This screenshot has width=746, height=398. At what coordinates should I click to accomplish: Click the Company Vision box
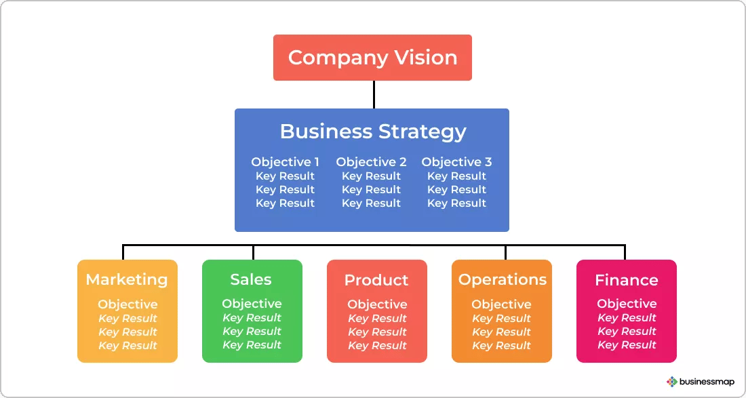(x=372, y=58)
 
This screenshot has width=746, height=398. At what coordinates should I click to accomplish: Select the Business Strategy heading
(x=372, y=131)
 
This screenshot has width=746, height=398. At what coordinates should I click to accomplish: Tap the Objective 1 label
(x=285, y=162)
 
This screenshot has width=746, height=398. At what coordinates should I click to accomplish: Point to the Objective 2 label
(x=371, y=162)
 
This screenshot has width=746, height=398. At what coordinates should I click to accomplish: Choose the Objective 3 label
(x=456, y=162)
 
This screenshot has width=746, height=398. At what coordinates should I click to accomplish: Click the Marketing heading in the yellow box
(x=127, y=279)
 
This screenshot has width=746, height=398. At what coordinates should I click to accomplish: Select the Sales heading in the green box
(x=251, y=279)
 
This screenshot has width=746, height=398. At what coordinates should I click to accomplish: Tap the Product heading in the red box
(x=376, y=280)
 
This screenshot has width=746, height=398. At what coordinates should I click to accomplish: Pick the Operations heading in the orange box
(x=502, y=279)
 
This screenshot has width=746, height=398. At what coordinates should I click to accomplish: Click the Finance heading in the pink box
(x=626, y=280)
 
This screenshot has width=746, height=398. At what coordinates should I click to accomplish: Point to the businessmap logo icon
(x=671, y=382)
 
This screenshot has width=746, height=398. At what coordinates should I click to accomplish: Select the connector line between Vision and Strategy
(x=374, y=94)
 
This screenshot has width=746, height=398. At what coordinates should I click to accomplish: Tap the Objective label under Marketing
(x=127, y=304)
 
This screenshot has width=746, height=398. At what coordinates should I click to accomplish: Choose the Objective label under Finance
(x=627, y=304)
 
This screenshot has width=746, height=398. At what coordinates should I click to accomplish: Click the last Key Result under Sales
(x=252, y=344)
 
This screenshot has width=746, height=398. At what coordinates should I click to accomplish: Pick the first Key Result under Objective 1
(x=285, y=176)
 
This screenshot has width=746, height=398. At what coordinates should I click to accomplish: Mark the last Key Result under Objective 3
(x=456, y=203)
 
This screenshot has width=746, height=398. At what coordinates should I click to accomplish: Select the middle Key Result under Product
(x=377, y=332)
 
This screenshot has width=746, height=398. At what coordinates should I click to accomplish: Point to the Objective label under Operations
(x=501, y=304)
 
